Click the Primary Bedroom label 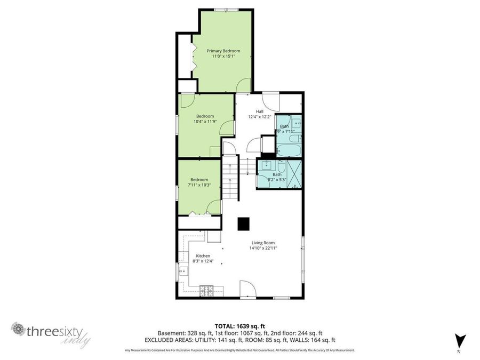pos(223,51)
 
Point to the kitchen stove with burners pos(206,291)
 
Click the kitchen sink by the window pos(183,271)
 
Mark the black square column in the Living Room pos(243,224)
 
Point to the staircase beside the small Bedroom pos(230,179)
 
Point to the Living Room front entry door pos(247,290)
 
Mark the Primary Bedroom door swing pos(243,85)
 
